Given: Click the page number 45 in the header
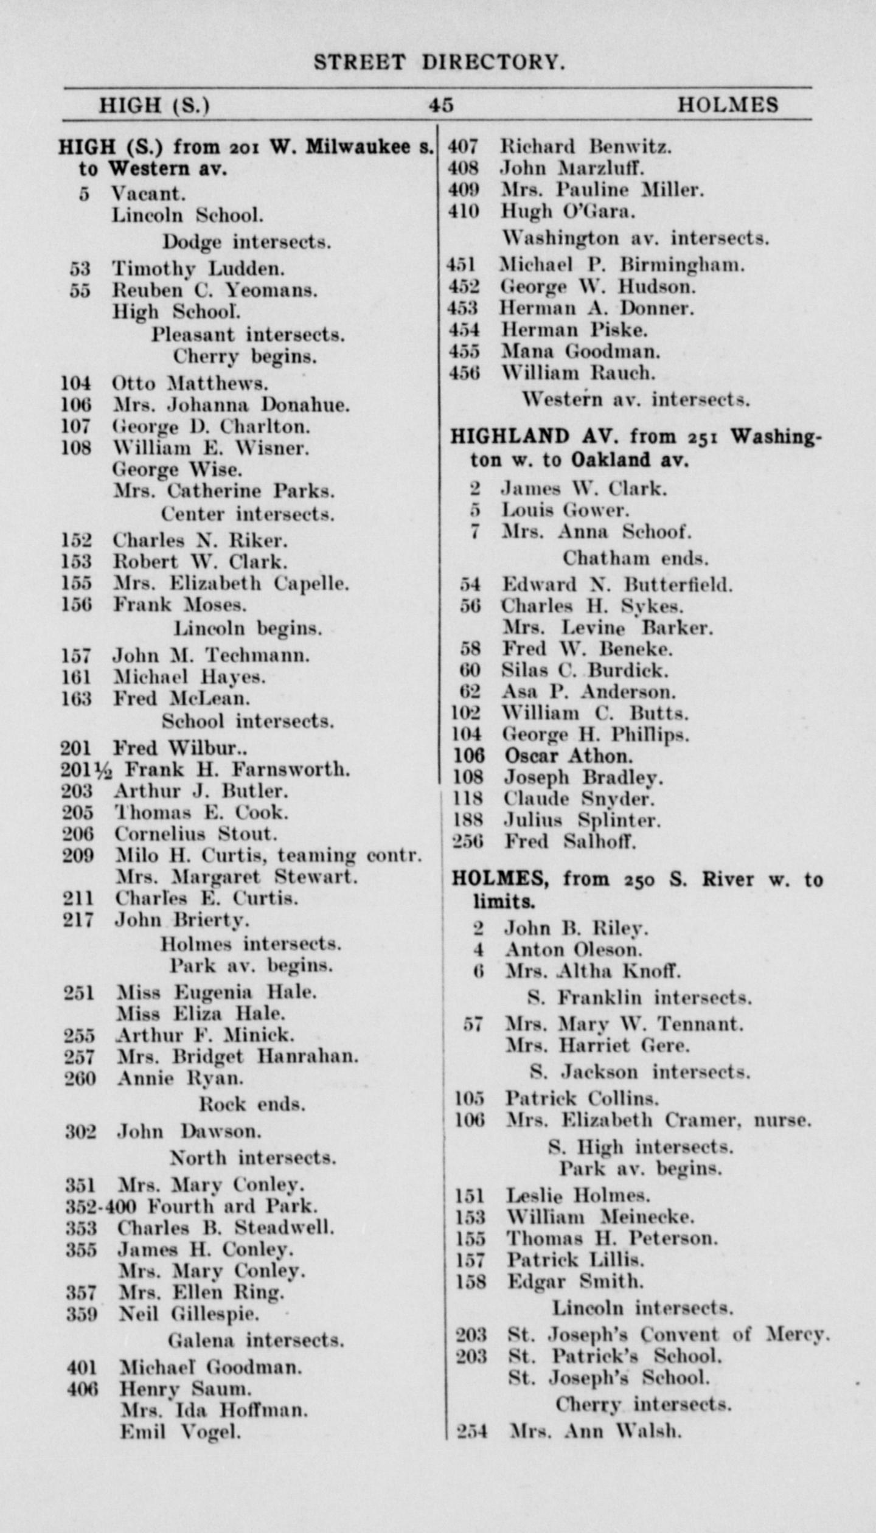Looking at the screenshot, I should click(x=440, y=105).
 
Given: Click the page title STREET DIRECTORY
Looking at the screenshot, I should click(x=439, y=63).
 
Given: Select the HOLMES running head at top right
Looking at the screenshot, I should click(x=728, y=105).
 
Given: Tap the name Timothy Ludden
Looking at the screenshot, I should click(x=198, y=268).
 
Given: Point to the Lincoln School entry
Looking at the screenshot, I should click(x=187, y=215).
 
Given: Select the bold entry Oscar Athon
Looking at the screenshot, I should click(x=568, y=756).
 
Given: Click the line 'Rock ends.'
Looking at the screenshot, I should click(x=252, y=1104).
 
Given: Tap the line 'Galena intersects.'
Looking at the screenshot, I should click(x=255, y=1340).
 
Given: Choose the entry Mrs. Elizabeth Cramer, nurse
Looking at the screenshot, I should click(x=658, y=1120).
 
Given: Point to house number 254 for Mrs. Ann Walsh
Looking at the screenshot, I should click(x=472, y=1431).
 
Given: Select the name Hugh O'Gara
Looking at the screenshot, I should click(x=568, y=211).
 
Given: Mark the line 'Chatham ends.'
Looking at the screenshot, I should click(x=635, y=558).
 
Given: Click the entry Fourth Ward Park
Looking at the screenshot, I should click(x=234, y=1206).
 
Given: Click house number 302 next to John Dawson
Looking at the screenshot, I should click(x=80, y=1131).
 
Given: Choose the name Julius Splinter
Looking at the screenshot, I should click(x=582, y=820).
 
